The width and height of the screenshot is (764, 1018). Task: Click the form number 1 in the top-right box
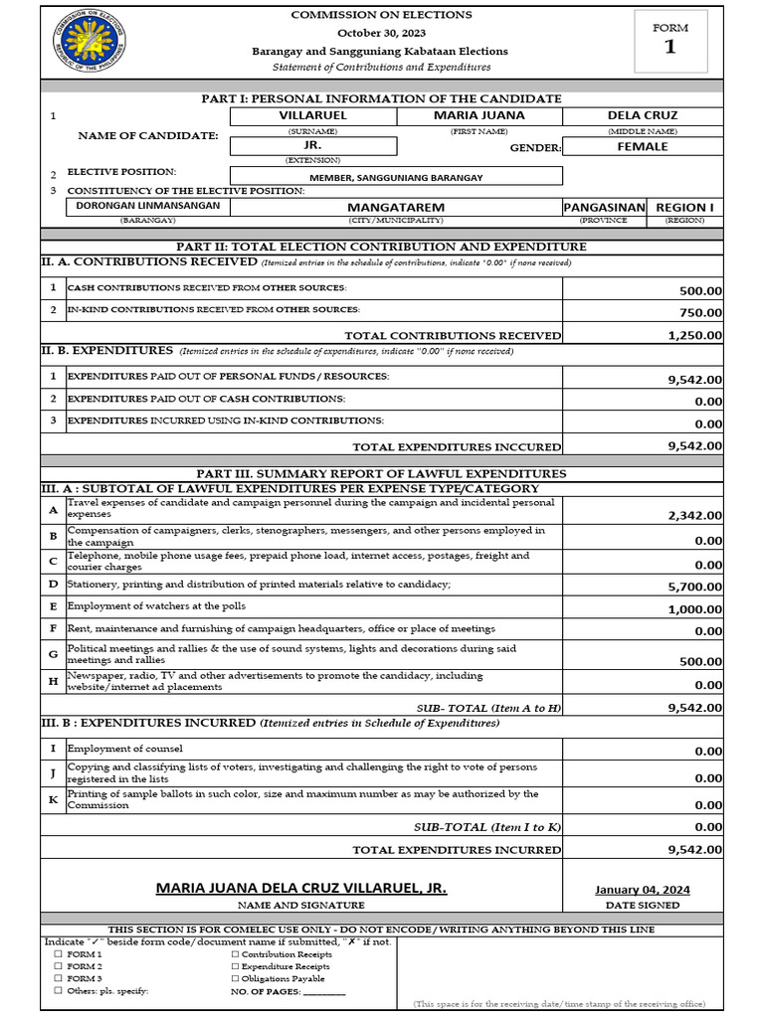(670, 47)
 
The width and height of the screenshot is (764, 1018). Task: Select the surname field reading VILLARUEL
(311, 115)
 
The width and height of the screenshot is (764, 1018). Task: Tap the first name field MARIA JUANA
(479, 115)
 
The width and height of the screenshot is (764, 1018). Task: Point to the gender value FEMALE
(643, 146)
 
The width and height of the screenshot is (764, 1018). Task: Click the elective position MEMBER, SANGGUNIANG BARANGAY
(396, 177)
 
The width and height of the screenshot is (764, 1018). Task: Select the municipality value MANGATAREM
(395, 208)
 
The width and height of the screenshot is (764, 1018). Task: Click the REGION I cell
(684, 207)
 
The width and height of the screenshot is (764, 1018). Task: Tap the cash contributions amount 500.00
(700, 291)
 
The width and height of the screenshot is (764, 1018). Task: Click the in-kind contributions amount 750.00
(700, 313)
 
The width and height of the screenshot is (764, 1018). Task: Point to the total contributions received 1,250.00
(694, 336)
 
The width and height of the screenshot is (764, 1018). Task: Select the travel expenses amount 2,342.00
(694, 515)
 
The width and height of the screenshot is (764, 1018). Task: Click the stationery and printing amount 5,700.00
(694, 587)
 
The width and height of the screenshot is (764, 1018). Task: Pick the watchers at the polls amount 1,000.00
(694, 609)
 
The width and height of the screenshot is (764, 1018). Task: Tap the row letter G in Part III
(53, 654)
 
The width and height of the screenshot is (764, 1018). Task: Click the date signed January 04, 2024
(642, 890)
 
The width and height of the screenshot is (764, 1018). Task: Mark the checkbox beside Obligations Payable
(235, 979)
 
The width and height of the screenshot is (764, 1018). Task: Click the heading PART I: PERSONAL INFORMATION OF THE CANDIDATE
(381, 98)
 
